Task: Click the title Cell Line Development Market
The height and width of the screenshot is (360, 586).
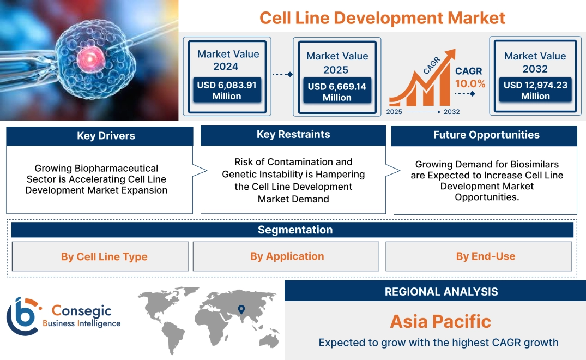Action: coord(382,17)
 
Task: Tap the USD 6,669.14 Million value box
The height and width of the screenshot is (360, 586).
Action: coord(337,92)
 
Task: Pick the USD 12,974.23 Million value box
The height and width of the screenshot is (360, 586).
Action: coord(535,90)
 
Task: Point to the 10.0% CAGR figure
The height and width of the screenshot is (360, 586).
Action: coord(470,83)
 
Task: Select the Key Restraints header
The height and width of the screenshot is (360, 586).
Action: coord(293,134)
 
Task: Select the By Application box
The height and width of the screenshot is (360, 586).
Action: coord(287,256)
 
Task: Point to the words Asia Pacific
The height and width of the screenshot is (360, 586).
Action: coord(440,321)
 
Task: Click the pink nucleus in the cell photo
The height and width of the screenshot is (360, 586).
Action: coord(87,56)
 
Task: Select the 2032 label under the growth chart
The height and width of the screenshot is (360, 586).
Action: coord(451,112)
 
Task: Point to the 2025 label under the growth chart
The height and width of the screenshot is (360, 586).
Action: coord(394,112)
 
